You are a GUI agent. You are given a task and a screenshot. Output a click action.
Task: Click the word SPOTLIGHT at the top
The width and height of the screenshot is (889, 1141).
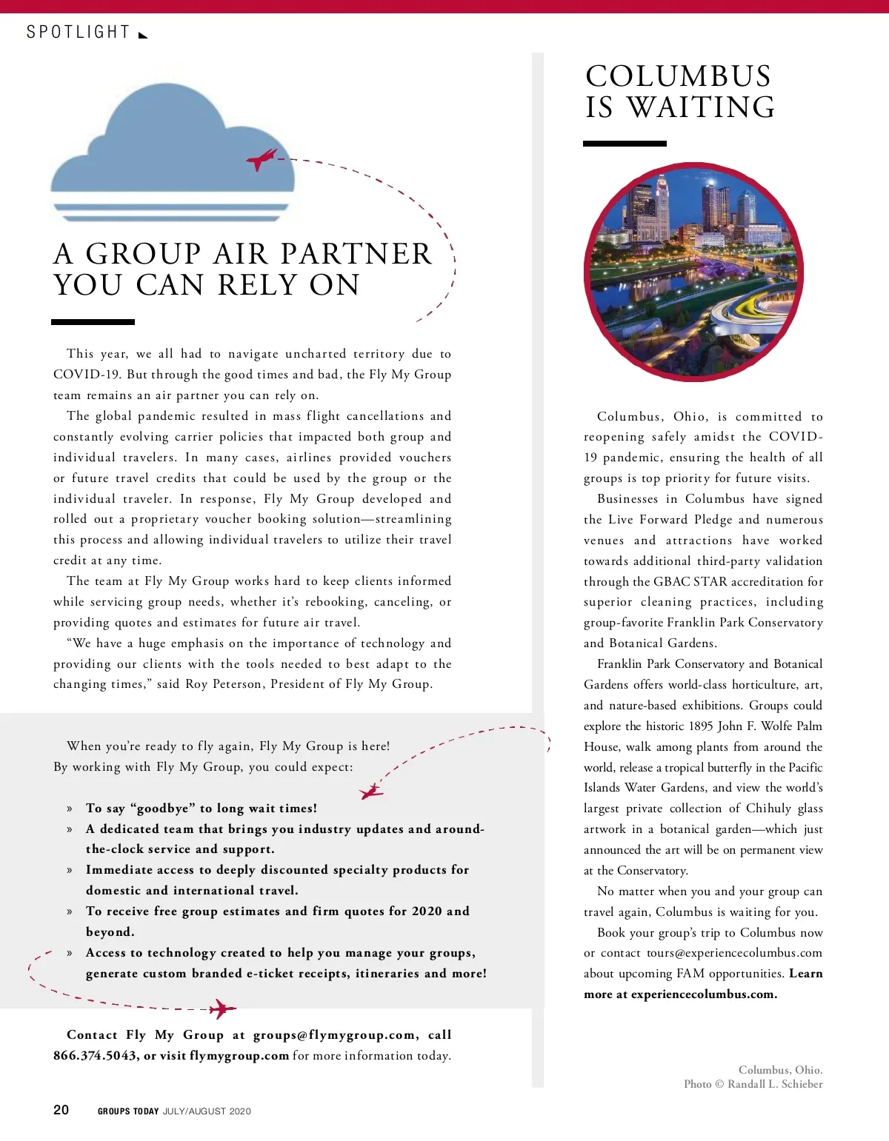tap(78, 33)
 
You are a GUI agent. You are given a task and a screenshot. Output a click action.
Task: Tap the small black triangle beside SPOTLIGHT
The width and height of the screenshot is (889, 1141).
tap(143, 34)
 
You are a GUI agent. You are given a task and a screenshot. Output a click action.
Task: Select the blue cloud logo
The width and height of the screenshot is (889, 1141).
tap(172, 155)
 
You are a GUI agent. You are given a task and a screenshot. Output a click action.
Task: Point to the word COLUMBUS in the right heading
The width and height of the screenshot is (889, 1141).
tap(678, 76)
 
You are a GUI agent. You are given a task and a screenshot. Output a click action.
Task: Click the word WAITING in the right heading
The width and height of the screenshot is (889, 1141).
tap(702, 107)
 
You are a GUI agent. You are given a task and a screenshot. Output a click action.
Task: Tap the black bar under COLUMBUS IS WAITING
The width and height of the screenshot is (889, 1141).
tap(624, 144)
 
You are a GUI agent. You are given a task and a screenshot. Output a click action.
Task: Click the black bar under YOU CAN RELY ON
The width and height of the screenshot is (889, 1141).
tap(93, 322)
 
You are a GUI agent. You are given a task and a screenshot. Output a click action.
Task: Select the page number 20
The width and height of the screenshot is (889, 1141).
tap(61, 1109)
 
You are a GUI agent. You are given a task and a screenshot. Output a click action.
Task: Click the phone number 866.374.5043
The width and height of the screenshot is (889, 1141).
tap(95, 1056)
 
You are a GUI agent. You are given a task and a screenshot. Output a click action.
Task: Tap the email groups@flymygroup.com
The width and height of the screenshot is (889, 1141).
tap(334, 1035)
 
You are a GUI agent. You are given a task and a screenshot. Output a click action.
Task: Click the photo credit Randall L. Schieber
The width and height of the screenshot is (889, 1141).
tap(775, 1084)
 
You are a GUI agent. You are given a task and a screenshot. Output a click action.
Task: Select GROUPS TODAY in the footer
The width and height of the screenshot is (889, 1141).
tap(128, 1111)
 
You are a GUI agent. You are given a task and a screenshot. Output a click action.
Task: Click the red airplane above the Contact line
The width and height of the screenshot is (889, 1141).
tap(222, 1008)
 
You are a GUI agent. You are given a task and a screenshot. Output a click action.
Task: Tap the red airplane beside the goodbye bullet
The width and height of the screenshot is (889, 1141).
tap(371, 792)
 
